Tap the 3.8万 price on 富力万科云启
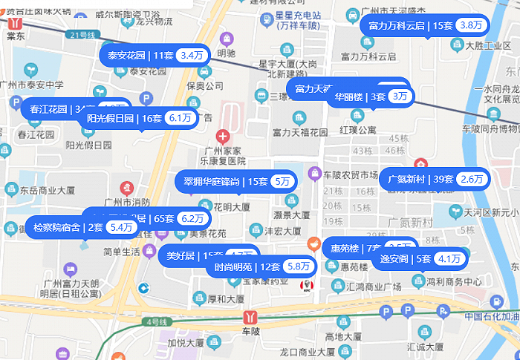tap(471, 25)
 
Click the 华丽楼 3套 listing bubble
tap(369, 96)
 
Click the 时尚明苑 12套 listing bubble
tap(261, 266)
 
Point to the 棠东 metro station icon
tap(15, 21)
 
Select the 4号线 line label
tap(157, 321)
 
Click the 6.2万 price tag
tap(192, 218)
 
